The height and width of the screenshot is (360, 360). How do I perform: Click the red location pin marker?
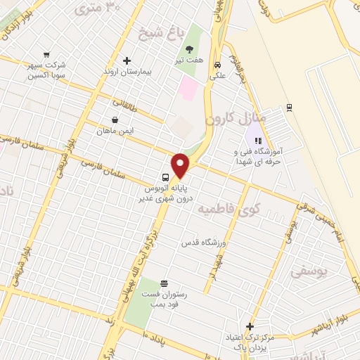click(x=181, y=165)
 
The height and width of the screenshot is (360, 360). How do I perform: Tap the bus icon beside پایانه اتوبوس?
click(x=165, y=176)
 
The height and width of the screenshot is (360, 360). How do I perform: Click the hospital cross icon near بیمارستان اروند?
click(x=127, y=60)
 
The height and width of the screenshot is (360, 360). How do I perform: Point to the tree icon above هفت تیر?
click(x=190, y=49)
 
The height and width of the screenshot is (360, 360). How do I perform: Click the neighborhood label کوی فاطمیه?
click(x=227, y=208)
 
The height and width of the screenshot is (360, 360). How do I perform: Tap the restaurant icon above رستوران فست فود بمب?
click(x=164, y=283)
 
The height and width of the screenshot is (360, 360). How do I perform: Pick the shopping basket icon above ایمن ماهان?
click(x=115, y=120)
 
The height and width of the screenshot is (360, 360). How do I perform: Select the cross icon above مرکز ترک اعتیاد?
click(x=250, y=326)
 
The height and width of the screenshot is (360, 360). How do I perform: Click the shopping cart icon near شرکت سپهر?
click(x=47, y=54)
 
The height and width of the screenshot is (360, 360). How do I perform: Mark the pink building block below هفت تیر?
click(x=188, y=88)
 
